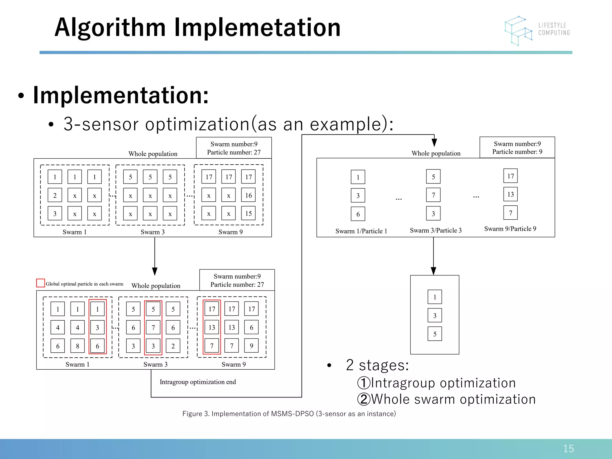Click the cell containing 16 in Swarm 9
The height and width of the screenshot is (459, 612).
tap(248, 195)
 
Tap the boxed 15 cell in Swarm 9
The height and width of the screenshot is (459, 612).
tap(248, 213)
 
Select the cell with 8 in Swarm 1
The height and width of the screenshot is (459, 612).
tap(77, 346)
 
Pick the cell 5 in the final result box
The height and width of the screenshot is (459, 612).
tap(434, 334)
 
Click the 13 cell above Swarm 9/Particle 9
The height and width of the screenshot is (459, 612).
tap(510, 194)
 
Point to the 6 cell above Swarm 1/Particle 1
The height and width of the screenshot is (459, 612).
tap(358, 214)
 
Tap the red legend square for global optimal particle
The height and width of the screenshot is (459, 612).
tap(40, 283)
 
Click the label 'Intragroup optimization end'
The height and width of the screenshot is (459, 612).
tap(198, 382)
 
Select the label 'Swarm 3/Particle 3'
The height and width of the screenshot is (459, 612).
tap(435, 230)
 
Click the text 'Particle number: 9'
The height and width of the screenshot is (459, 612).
tap(517, 152)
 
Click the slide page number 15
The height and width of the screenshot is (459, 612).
tap(568, 449)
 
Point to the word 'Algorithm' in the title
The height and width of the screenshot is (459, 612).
tap(110, 27)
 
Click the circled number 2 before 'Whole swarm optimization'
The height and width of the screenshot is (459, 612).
tap(364, 399)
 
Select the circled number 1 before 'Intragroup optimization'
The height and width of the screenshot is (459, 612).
tap(364, 383)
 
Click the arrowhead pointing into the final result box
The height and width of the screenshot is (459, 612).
tap(433, 271)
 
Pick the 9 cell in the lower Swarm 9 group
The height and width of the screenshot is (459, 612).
tap(251, 346)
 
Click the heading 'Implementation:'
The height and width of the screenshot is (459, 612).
tap(121, 95)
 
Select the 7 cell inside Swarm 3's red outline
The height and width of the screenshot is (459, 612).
tap(153, 328)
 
